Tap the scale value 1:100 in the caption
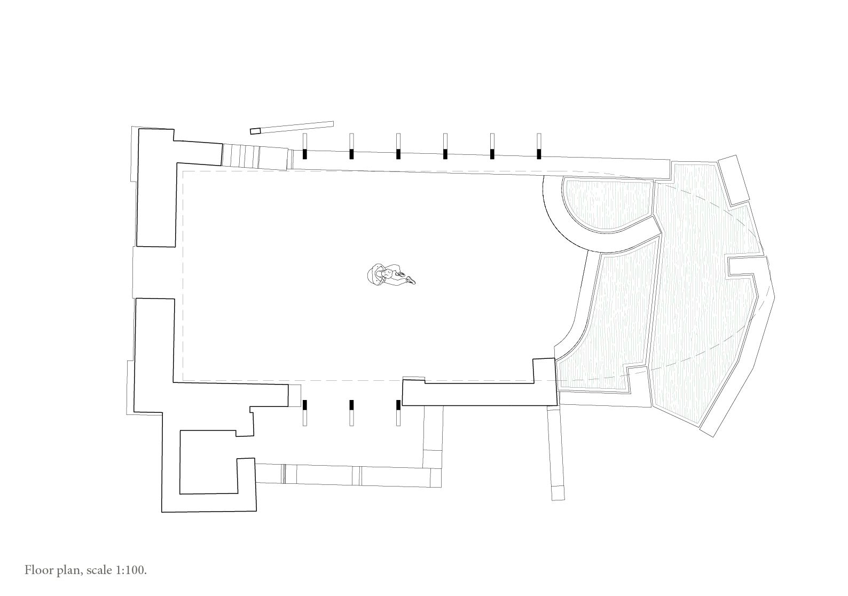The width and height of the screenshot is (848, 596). [x=130, y=570]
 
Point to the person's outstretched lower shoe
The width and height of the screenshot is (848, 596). [x=411, y=280]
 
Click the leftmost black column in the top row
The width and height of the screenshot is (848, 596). [x=305, y=154]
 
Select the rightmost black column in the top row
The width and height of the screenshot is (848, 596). [x=539, y=154]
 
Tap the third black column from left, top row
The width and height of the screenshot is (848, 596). [x=398, y=154]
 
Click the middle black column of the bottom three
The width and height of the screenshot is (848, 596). [x=351, y=405]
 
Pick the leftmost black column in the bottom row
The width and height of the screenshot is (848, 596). [x=305, y=405]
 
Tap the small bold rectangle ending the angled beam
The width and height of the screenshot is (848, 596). [x=255, y=131]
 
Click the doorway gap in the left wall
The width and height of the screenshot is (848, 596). [x=154, y=272]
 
